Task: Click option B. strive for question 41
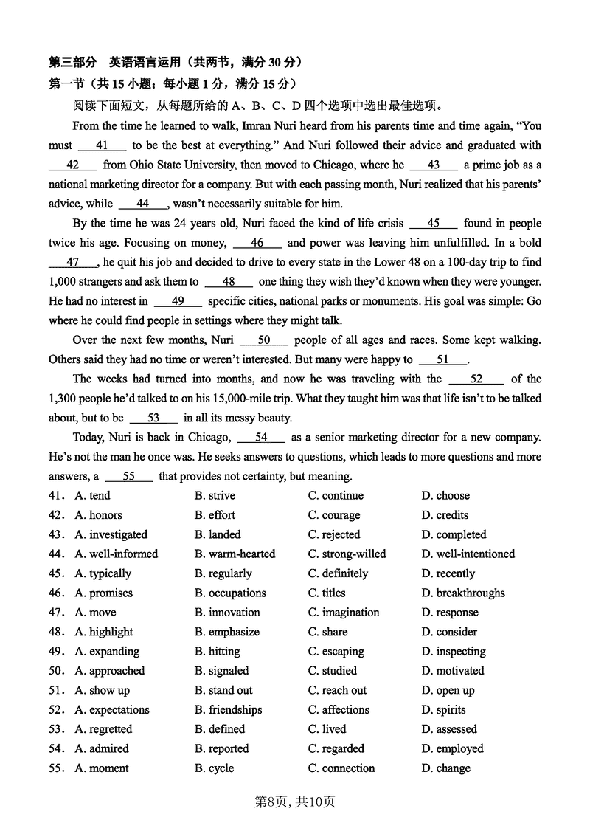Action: [214, 496]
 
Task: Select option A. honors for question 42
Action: [98, 515]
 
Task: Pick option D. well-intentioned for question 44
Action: [468, 554]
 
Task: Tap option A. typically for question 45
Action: [103, 573]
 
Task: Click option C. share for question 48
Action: [327, 632]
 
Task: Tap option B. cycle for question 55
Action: [214, 768]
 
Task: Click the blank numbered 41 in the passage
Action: [102, 145]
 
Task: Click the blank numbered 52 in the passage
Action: [476, 379]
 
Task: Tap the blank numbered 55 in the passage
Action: [129, 476]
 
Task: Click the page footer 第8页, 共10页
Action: [295, 802]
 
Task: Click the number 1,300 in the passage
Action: [66, 399]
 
